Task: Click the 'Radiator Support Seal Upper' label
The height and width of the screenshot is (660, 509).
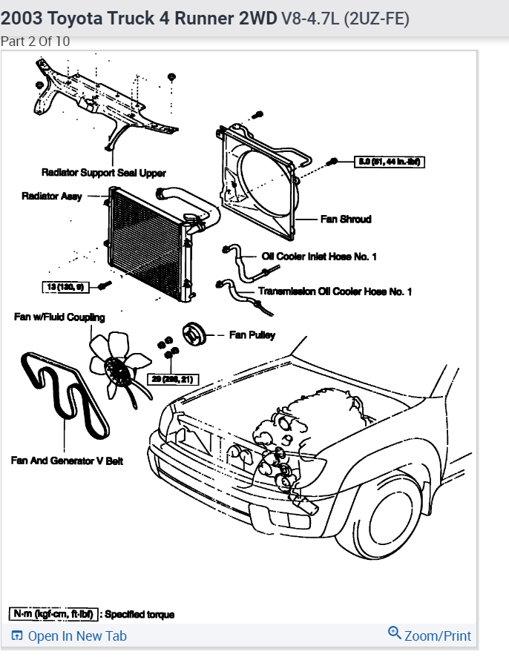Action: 103,173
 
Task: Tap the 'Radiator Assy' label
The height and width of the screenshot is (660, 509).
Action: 51,197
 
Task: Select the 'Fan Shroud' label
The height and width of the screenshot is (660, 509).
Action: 345,220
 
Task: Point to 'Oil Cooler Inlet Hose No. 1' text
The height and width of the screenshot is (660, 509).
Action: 319,257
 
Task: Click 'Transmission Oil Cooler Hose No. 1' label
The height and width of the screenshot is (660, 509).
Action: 335,291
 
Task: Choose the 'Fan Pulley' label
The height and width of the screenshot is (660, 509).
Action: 252,335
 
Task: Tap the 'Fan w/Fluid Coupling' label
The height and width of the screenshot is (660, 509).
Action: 59,317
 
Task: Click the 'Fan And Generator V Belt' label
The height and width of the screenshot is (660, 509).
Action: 67,461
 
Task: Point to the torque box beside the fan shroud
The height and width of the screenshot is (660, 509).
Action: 390,161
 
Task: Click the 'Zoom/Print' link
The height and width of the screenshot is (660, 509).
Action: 430,636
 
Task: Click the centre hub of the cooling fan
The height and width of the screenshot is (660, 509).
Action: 115,366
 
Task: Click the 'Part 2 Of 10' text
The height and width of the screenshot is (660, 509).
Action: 36,42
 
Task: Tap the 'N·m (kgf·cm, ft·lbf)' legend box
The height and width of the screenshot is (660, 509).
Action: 53,614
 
